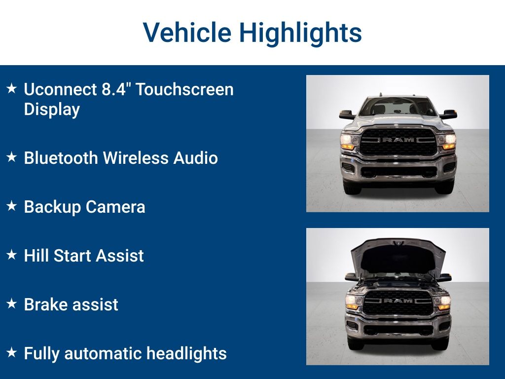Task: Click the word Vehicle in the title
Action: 187,33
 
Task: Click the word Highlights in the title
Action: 300,33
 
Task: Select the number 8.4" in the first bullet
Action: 116,90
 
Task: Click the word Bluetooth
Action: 61,158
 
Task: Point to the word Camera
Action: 115,207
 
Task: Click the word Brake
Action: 45,304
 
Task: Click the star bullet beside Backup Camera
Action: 11,206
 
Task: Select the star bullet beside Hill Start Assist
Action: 11,255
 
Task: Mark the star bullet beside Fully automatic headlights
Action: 11,353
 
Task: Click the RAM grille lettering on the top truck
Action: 398,140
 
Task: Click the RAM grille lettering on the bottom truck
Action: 398,301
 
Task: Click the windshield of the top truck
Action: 398,107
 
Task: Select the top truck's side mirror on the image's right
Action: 449,114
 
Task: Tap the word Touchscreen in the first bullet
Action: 184,90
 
